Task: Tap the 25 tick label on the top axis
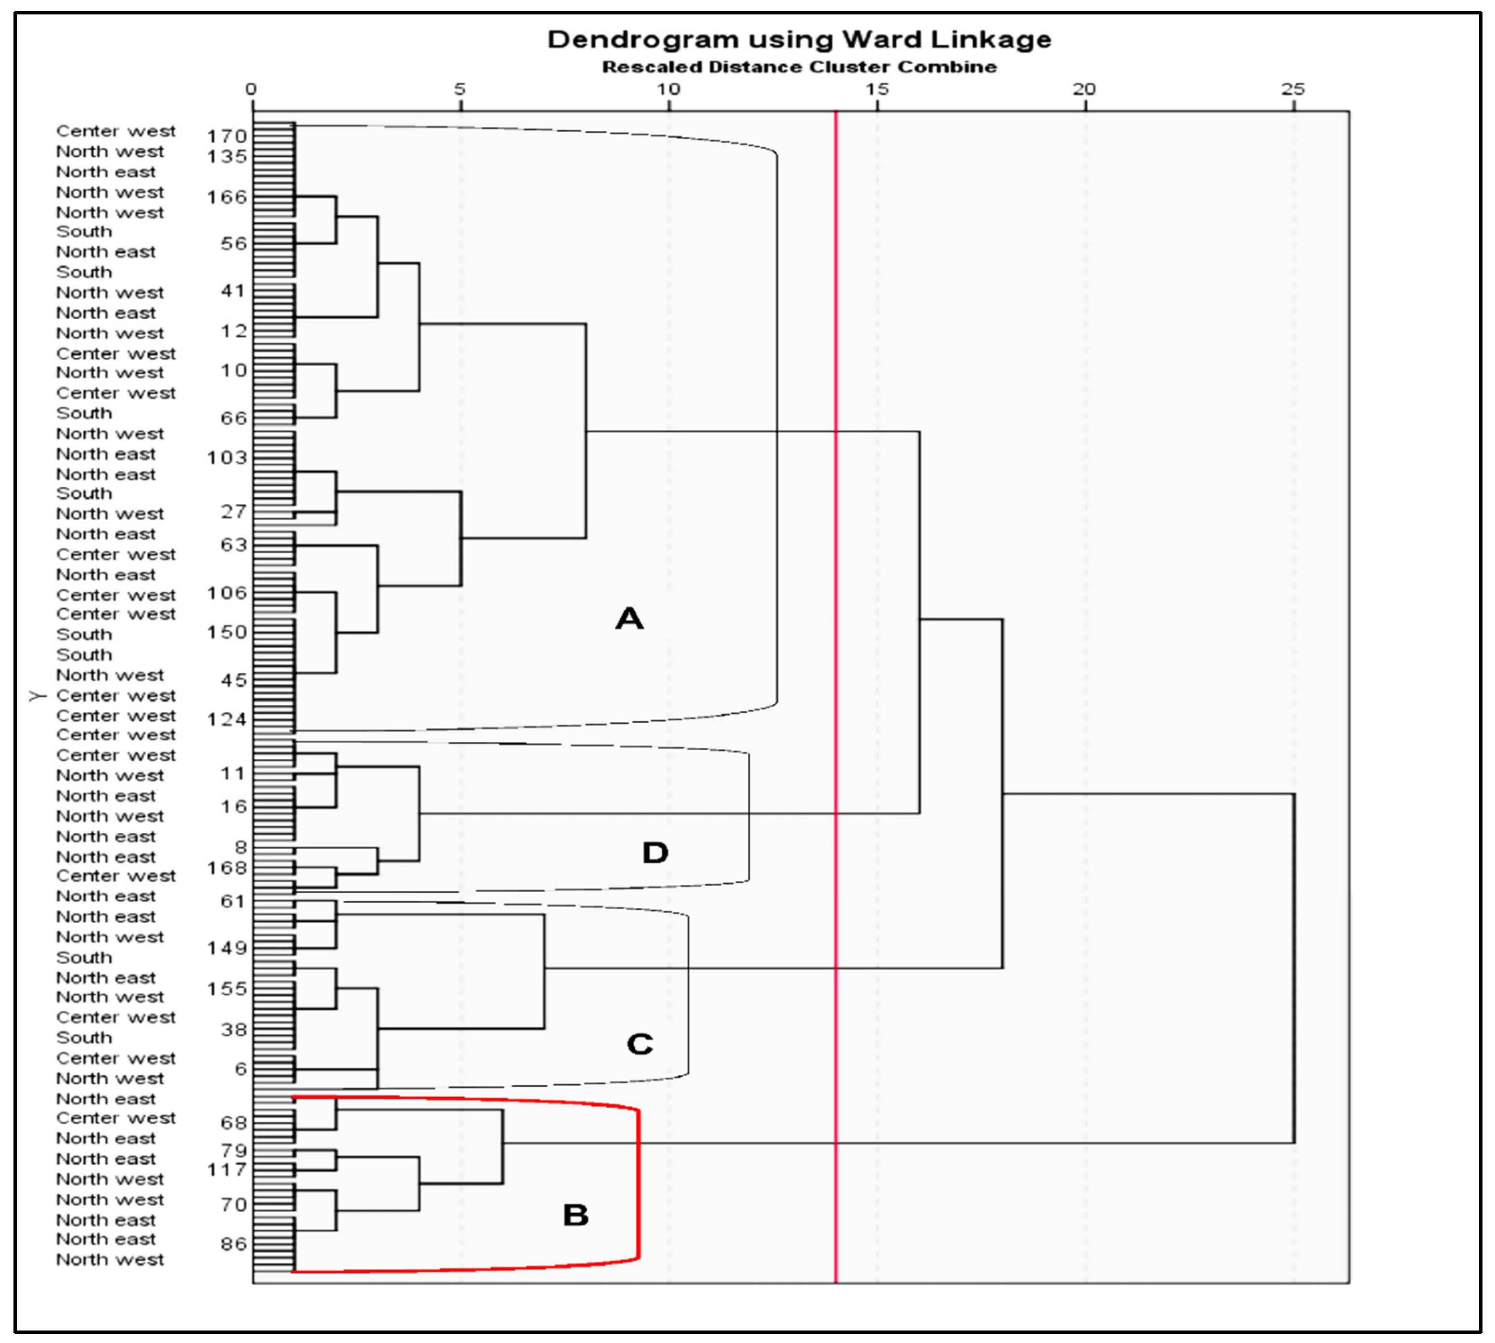[x=1293, y=89]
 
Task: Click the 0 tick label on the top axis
[x=251, y=89]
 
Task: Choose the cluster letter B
[x=576, y=1216]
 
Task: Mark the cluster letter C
[x=639, y=1044]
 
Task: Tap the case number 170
[x=226, y=137]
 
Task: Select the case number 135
[x=226, y=156]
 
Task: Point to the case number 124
[x=226, y=719]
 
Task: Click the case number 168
[x=226, y=868]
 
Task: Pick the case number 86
[x=233, y=1244]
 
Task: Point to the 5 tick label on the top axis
[x=460, y=89]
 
